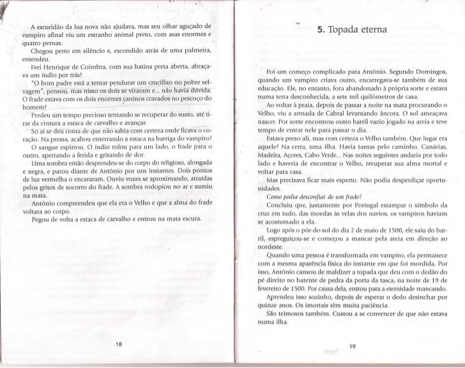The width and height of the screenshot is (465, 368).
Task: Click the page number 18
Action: [119, 344]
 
